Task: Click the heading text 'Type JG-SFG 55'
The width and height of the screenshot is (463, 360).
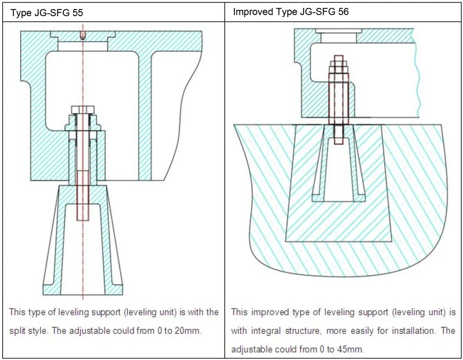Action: (x=47, y=13)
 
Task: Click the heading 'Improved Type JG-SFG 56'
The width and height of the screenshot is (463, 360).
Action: (x=291, y=12)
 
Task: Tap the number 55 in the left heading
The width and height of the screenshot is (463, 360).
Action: (x=77, y=13)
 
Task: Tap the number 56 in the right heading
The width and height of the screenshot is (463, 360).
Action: (x=343, y=12)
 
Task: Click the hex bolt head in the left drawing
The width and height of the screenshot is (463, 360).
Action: (x=83, y=110)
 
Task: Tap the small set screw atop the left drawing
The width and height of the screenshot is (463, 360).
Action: (x=83, y=36)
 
